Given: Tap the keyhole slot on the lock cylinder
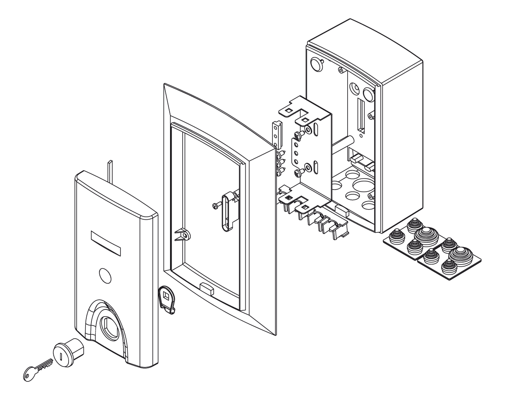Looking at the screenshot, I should pos(63,353).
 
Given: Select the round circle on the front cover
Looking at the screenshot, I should pos(104,276).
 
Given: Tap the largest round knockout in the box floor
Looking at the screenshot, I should pos(361,186).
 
